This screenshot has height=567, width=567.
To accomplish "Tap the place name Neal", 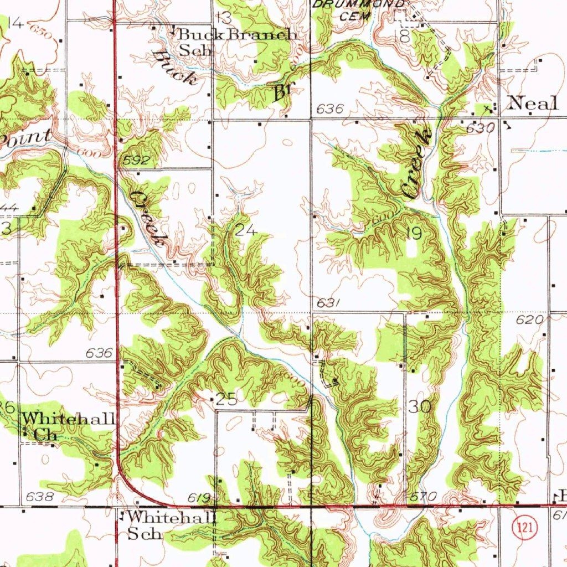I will [x=533, y=103].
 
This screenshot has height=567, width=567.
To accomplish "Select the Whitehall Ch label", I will [x=69, y=426].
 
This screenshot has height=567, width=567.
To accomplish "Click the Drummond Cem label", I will [x=359, y=9].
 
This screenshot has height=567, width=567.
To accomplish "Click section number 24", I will [x=245, y=230].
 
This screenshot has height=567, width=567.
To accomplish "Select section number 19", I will [x=414, y=233].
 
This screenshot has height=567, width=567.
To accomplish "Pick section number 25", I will [x=226, y=399].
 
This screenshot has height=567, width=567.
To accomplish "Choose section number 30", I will [x=420, y=406].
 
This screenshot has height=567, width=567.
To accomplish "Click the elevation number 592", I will [x=137, y=161].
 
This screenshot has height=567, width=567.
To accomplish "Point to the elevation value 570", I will [x=423, y=496].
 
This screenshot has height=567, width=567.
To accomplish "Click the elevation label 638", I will [x=40, y=497].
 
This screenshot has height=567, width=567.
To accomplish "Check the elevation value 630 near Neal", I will [x=480, y=128].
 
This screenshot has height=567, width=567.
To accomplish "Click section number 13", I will [x=224, y=16].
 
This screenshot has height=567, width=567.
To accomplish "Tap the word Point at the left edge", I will [x=27, y=137].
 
